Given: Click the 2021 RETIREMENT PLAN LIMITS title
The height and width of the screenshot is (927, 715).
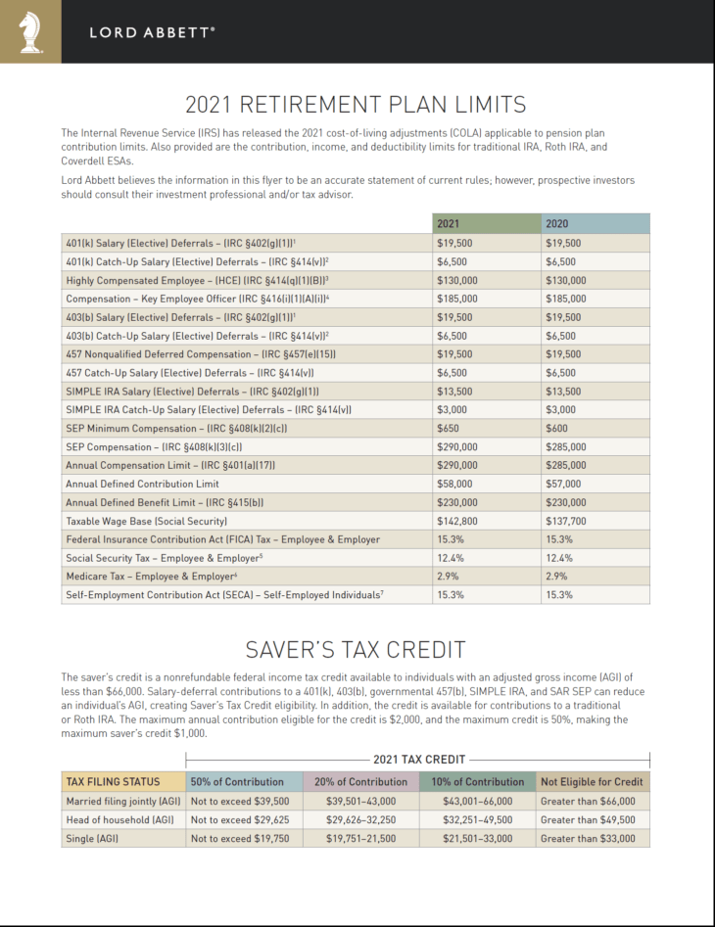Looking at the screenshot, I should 357,105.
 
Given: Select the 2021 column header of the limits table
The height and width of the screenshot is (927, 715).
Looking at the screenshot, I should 449,224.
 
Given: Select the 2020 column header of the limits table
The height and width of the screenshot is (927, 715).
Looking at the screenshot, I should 557,224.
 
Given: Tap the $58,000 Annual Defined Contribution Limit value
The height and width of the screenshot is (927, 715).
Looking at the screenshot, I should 454,484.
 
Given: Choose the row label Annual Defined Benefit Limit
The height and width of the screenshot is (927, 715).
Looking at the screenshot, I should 164,502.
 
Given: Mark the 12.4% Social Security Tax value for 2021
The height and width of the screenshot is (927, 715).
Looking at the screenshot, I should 450,558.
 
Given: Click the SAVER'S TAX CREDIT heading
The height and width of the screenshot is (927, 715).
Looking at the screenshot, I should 357,650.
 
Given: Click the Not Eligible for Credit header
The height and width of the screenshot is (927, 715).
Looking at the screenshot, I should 592,782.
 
